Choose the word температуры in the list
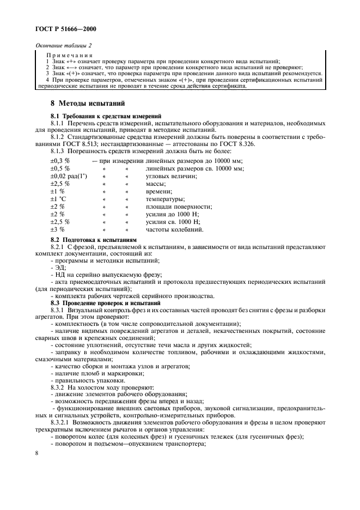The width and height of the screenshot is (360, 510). (x=166, y=200)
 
